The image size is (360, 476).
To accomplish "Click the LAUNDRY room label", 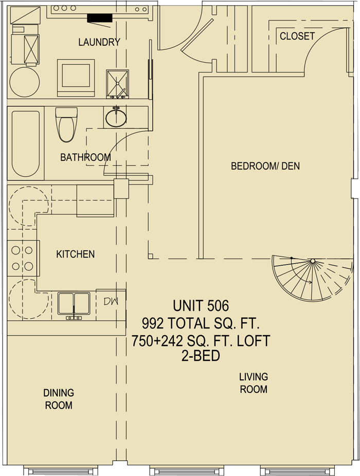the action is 99,42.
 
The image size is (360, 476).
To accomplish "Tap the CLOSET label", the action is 297,36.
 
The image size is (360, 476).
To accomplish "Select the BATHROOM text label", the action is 85,157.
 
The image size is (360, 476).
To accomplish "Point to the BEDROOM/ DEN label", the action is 265,166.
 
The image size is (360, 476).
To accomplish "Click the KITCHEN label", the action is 75,254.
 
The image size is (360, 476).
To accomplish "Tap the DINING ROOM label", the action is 59,399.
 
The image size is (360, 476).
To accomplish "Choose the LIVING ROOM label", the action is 254,383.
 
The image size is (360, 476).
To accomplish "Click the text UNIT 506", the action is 201,306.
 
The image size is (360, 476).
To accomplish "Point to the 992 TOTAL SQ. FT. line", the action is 201,324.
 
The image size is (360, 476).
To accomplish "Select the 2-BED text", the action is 201,356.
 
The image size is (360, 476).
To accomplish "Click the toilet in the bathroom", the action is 66,124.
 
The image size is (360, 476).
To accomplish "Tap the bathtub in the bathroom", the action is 26,143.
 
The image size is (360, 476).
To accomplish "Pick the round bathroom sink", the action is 116,117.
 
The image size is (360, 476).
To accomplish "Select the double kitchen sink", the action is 74,304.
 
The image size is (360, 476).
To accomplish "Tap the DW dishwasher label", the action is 111,301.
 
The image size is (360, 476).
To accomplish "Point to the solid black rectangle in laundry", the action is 100,18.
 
